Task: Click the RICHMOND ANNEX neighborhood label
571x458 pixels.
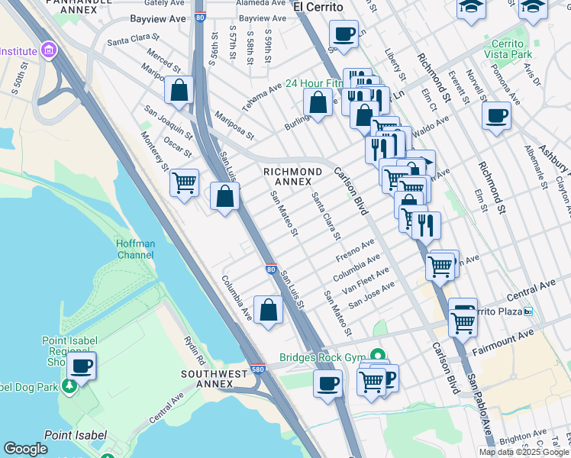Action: (292, 176)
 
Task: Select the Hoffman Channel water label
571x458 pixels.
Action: (135, 249)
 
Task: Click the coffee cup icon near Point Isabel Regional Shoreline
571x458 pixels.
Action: (82, 366)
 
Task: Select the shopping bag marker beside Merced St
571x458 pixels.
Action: (179, 91)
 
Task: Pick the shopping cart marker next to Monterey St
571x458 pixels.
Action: (184, 183)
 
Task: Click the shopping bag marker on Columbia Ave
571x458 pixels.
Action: (268, 310)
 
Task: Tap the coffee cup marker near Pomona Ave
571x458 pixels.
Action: (496, 116)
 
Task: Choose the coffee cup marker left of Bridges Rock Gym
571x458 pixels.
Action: (328, 383)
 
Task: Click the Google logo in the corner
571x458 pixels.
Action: (25, 449)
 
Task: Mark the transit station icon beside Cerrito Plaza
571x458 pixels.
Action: (527, 311)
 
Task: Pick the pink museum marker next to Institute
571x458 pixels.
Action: (50, 51)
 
